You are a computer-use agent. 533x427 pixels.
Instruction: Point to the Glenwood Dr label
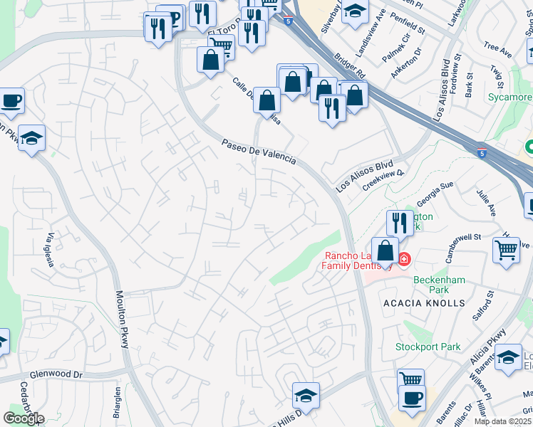pos(56,375)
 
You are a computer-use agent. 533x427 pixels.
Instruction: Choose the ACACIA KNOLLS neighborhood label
pos(434,303)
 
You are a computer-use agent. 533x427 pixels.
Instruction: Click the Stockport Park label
pos(428,347)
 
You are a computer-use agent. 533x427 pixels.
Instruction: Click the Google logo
pos(24,418)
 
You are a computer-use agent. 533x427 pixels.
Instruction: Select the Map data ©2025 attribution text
pos(502,421)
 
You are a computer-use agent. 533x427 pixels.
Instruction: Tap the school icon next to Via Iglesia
pos(31,137)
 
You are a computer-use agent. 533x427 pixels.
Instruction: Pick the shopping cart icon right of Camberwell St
pos(506,250)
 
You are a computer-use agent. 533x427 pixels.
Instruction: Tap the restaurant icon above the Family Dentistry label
pos(400,223)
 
